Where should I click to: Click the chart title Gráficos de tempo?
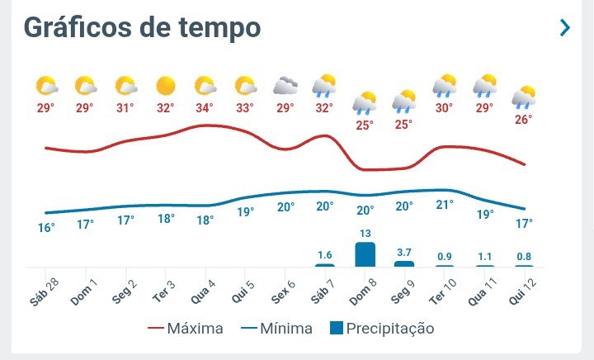point(142,27)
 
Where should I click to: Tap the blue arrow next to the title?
point(565,27)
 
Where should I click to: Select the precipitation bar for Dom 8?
point(365,254)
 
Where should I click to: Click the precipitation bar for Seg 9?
point(404,263)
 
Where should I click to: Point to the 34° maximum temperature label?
point(205,108)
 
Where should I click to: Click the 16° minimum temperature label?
point(46,227)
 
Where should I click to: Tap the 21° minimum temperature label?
point(444,205)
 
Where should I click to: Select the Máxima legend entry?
point(186,329)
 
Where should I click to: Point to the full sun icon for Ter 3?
point(166,85)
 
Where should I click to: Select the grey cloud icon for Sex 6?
point(285,85)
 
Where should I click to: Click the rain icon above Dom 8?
point(365,102)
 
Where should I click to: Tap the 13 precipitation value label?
point(365,234)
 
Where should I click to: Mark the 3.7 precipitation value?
point(404,252)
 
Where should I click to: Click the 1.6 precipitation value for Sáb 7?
point(325,255)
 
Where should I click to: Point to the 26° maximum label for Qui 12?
point(523,120)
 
